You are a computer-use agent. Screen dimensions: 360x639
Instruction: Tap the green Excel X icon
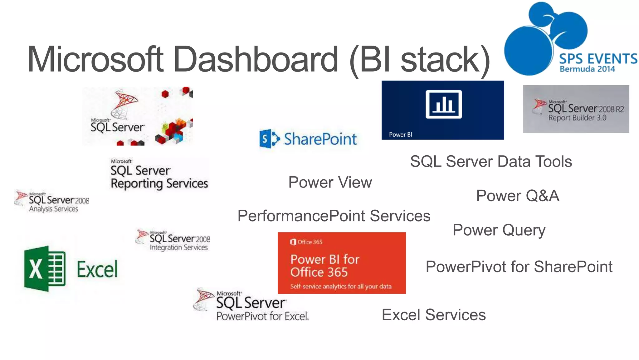45,269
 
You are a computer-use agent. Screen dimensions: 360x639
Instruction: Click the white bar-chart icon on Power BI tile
443,104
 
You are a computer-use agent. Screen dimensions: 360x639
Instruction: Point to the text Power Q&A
517,196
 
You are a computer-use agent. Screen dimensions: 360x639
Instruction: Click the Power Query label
499,230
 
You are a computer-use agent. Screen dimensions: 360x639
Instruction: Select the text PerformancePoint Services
334,216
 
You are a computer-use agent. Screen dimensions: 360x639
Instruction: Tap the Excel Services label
433,315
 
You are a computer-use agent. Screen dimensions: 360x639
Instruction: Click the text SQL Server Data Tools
490,162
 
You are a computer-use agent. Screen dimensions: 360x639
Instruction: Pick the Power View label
330,182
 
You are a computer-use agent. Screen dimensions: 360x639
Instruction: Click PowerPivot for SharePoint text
519,267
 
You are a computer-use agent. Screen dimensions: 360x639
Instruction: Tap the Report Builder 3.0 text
577,118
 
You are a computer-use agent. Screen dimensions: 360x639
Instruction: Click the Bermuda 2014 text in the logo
587,69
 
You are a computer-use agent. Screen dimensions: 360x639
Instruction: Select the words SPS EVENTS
598,59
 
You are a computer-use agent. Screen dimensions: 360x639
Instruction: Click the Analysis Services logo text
53,209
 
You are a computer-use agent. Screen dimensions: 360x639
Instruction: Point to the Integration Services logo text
178,247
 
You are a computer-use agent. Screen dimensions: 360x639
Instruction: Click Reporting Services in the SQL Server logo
159,183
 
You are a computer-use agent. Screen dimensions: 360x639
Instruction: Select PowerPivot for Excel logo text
262,316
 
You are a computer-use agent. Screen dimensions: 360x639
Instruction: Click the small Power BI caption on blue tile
400,135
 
